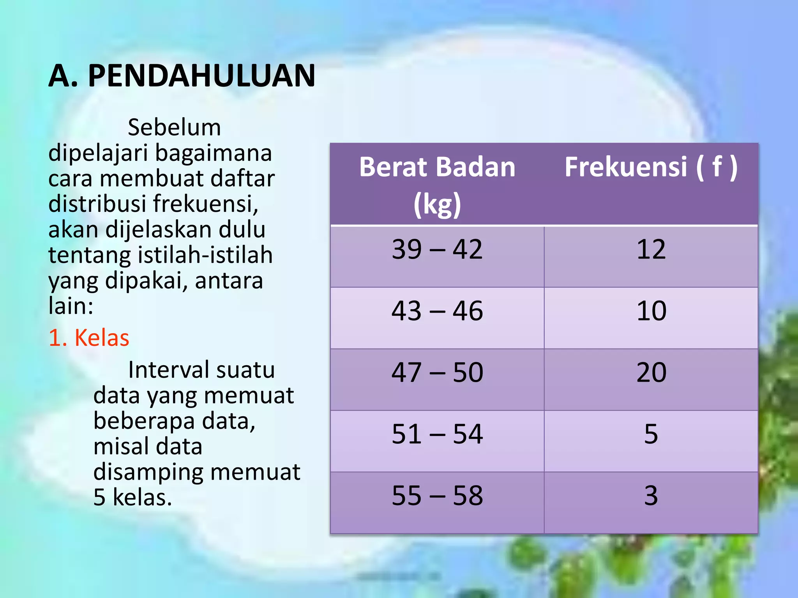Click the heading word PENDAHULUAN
(x=201, y=76)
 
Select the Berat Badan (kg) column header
(x=437, y=185)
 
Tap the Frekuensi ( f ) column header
(x=651, y=167)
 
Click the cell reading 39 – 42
(x=437, y=250)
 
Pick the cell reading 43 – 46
(x=437, y=311)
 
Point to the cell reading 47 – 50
(x=437, y=373)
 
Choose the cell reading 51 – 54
(x=437, y=434)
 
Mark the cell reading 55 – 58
(x=437, y=496)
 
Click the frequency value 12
(x=651, y=250)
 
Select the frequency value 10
(x=651, y=311)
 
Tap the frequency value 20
(x=651, y=373)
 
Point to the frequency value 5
(x=651, y=434)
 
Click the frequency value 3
(x=651, y=496)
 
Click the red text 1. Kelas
(x=89, y=338)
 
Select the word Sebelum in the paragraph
(x=174, y=128)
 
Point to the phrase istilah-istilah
(x=205, y=255)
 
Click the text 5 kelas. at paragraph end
(x=132, y=498)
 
